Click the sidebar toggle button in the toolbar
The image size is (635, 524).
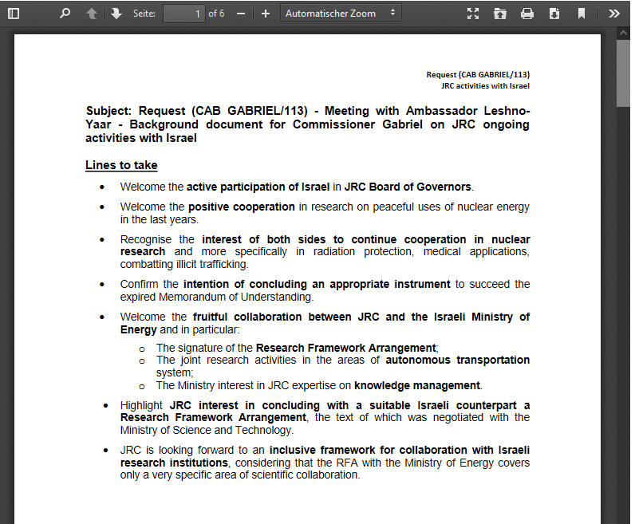coord(14,14)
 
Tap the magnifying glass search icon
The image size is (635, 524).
coord(65,14)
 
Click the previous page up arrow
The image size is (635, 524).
coord(92,14)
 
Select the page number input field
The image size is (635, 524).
coord(183,14)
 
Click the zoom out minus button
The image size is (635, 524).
coord(241,14)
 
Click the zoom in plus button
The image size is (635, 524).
coord(266,14)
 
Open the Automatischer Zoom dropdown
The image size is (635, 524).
coord(341,14)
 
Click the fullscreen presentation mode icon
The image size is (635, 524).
coord(473,14)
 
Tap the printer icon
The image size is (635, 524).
coord(527,14)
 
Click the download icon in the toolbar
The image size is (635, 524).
coord(554,14)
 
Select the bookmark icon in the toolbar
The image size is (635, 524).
coord(582,14)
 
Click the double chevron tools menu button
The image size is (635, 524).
coord(613,14)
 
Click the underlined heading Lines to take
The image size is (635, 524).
coord(121,165)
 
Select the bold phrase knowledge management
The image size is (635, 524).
coord(417,385)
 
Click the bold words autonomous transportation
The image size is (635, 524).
coord(457,360)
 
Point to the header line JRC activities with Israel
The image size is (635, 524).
coord(485,85)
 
